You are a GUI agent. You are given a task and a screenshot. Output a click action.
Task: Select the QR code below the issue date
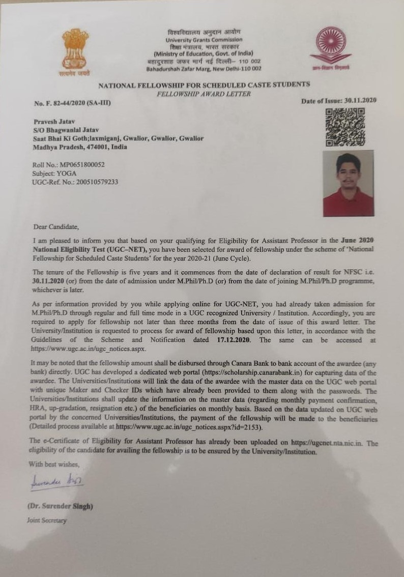pyautogui.click(x=345, y=128)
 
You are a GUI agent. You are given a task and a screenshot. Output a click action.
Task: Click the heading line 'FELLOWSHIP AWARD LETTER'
pyautogui.click(x=204, y=94)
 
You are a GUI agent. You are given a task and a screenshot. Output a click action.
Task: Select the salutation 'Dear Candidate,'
pyautogui.click(x=57, y=226)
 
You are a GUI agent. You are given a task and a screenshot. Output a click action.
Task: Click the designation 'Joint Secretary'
pyautogui.click(x=46, y=521)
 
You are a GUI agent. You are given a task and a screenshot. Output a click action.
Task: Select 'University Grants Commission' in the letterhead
pyautogui.click(x=204, y=40)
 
